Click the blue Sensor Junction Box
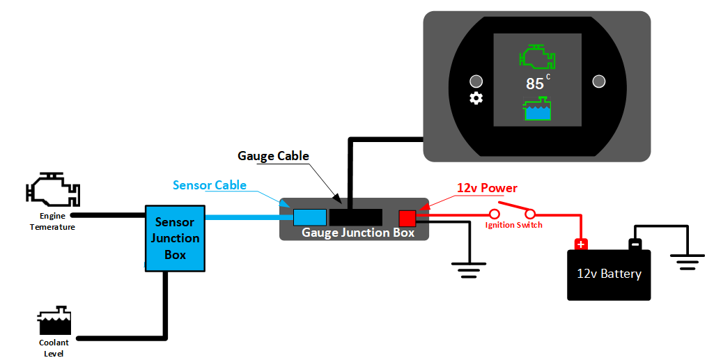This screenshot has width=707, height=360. (174, 238)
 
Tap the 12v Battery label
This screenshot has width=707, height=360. (609, 274)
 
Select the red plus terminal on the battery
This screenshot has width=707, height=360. (580, 244)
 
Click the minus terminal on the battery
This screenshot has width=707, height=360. (635, 244)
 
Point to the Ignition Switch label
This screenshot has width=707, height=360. (513, 225)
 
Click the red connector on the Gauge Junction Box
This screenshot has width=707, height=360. (407, 218)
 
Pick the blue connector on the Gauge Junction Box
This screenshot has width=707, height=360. (310, 217)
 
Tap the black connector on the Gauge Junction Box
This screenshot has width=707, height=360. (355, 217)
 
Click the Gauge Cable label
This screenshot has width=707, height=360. (273, 156)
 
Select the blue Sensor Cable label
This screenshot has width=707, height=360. (210, 185)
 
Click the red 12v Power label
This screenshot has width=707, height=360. (487, 188)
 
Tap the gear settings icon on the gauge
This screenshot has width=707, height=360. (476, 98)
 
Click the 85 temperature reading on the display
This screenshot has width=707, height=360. (535, 84)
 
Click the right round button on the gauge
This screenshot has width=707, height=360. (598, 81)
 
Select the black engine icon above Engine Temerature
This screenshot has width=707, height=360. (52, 190)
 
